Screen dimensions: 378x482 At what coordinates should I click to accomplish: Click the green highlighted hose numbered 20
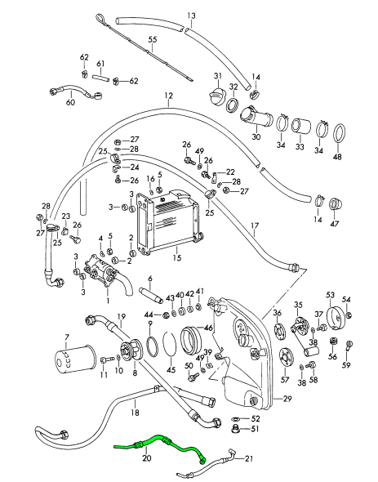tap(160, 440)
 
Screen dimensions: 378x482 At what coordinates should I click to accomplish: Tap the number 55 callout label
tap(153, 39)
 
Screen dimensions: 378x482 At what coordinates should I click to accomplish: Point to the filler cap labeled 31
tap(217, 93)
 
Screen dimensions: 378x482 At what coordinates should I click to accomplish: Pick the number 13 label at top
tap(191, 16)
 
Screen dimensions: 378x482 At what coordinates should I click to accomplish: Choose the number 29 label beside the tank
tap(287, 399)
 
